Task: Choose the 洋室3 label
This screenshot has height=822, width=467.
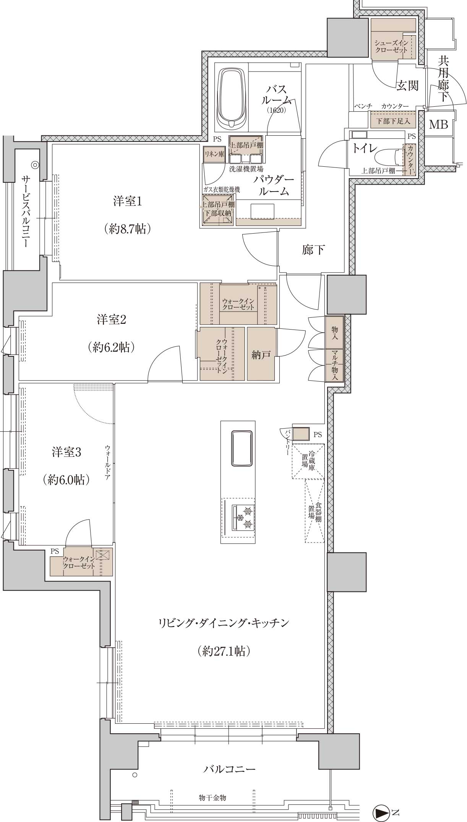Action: coord(67,452)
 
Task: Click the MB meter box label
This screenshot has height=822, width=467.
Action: coord(438,124)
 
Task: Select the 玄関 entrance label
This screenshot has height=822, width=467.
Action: coord(407,85)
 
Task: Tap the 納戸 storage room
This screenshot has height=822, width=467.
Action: coord(261,354)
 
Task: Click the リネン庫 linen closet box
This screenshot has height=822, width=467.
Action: coord(214,154)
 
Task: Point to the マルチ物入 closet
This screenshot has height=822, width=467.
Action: coord(334,366)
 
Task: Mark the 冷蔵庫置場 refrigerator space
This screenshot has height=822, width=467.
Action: coord(308,461)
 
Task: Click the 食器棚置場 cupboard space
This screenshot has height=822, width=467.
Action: coord(315,511)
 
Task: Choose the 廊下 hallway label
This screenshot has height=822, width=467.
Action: coord(313,250)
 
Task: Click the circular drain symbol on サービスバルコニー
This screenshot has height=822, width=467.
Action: coord(35,165)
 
